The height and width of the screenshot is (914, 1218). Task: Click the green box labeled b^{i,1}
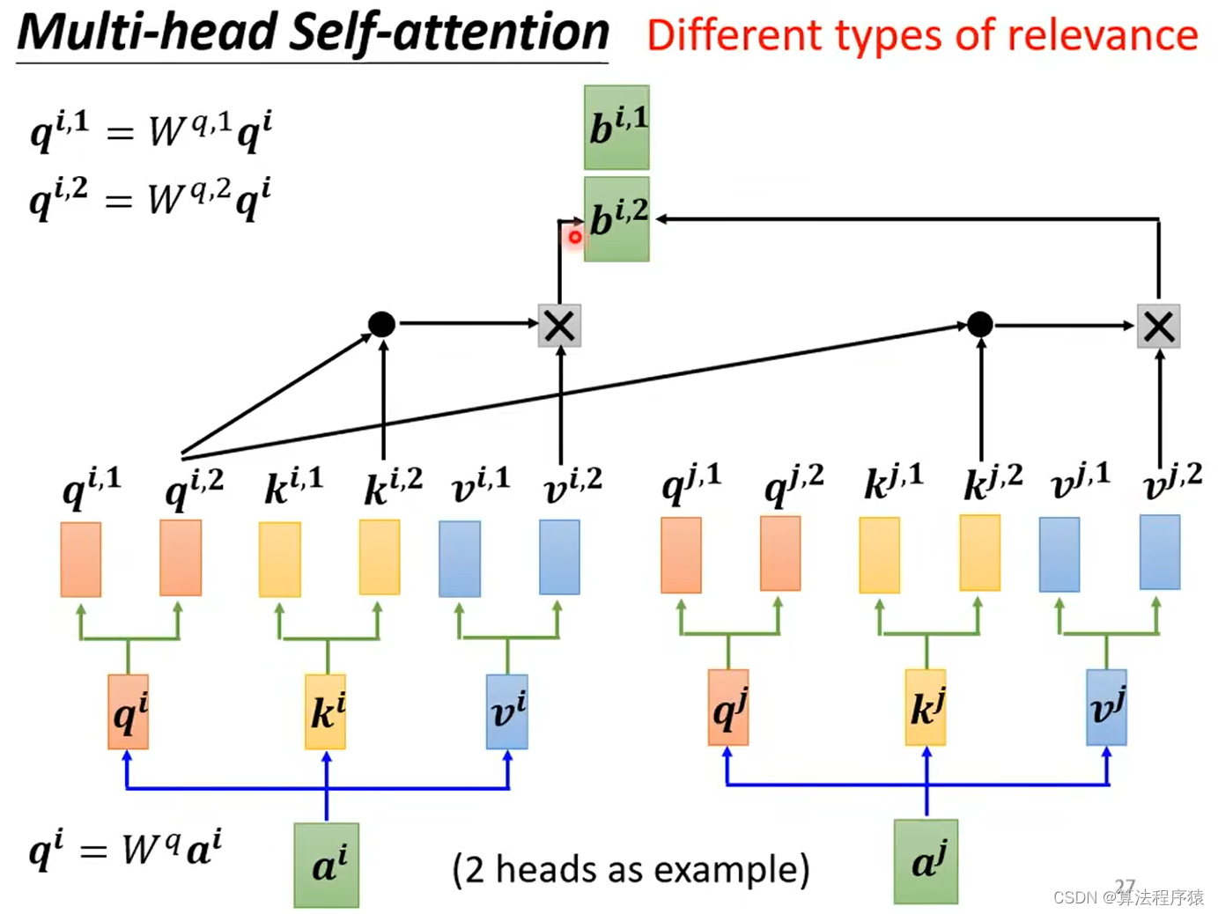tap(616, 128)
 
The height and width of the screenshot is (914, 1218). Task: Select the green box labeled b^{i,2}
tap(616, 219)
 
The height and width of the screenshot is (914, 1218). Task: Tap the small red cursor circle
tap(575, 236)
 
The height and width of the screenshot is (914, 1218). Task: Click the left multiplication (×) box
tap(559, 326)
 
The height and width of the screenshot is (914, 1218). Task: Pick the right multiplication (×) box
tap(1158, 327)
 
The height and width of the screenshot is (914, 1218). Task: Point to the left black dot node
tap(381, 324)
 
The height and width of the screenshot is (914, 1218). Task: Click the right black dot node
tap(979, 325)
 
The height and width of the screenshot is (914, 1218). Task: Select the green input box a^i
tap(327, 865)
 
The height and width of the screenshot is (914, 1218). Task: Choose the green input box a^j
tap(926, 861)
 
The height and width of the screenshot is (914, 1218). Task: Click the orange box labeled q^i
tap(129, 711)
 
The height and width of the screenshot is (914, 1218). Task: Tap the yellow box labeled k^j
tap(926, 708)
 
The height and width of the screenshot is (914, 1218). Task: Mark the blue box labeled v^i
tap(507, 711)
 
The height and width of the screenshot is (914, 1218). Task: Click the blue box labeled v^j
tap(1106, 708)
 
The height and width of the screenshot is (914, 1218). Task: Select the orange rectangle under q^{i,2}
tap(181, 557)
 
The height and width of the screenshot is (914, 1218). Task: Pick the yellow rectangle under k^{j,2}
tap(979, 553)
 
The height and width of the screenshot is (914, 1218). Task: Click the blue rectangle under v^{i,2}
tap(559, 557)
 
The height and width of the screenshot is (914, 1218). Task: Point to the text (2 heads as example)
tap(631, 869)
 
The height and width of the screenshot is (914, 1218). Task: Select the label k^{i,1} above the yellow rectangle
tap(293, 485)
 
